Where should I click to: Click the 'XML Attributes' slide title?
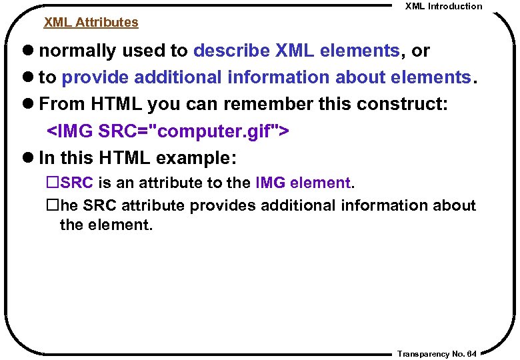pyautogui.click(x=91, y=22)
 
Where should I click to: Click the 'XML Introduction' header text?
pyautogui.click(x=443, y=6)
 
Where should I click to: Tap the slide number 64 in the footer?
pyautogui.click(x=472, y=354)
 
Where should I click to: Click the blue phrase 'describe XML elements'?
pyautogui.click(x=296, y=51)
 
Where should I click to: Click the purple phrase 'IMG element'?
pyautogui.click(x=303, y=183)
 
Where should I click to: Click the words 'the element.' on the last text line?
pyautogui.click(x=106, y=225)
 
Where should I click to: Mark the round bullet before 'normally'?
pyautogui.click(x=29, y=51)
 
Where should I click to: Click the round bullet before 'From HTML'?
pyautogui.click(x=29, y=105)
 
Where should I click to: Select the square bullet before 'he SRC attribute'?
pyautogui.click(x=53, y=205)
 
